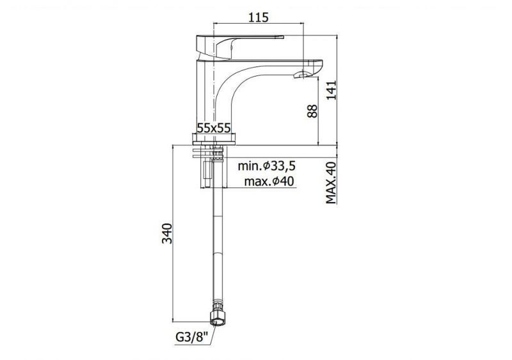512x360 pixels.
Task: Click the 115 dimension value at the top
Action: [x=258, y=17]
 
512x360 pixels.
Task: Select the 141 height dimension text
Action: [x=331, y=90]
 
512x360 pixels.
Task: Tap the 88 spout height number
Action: [x=312, y=111]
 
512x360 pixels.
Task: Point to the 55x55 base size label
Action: [x=214, y=128]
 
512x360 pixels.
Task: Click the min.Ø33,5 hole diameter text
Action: [x=266, y=166]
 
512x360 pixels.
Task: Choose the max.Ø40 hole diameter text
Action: [x=269, y=181]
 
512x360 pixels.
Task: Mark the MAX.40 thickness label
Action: [x=331, y=183]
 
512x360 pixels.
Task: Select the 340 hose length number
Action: [x=167, y=233]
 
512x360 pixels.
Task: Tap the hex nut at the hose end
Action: [x=218, y=318]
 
